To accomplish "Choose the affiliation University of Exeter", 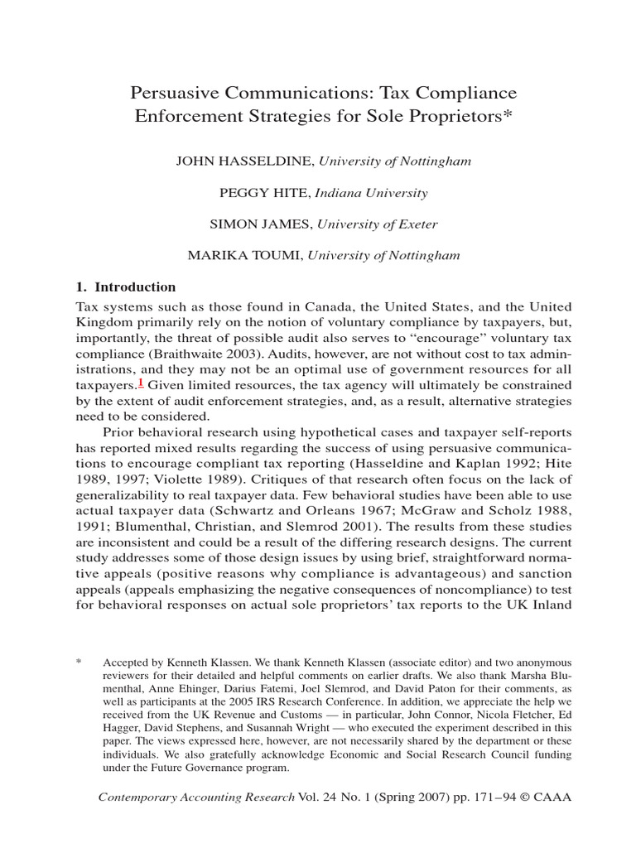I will (x=377, y=224).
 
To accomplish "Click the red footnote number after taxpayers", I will (x=142, y=383).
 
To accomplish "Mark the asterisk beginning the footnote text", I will (x=79, y=663).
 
